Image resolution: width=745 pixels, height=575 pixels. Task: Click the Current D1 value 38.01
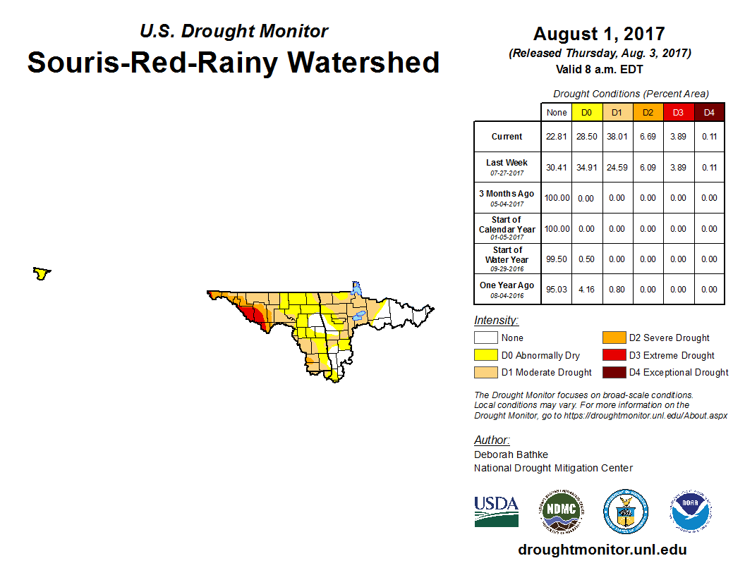pyautogui.click(x=617, y=137)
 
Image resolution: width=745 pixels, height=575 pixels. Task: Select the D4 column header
pyautogui.click(x=709, y=113)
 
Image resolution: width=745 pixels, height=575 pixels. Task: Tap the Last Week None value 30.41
pyautogui.click(x=557, y=168)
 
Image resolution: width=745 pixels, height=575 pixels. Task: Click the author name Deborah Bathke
pyautogui.click(x=511, y=455)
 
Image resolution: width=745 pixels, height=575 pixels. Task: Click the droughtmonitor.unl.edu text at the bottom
pyautogui.click(x=602, y=550)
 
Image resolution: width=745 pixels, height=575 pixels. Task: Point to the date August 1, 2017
pyautogui.click(x=599, y=34)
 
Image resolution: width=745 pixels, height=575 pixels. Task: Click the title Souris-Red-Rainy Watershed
pyautogui.click(x=234, y=62)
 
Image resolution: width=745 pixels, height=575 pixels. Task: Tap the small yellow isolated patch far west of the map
pyautogui.click(x=42, y=273)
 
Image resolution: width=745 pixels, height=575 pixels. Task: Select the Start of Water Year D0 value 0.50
pyautogui.click(x=586, y=259)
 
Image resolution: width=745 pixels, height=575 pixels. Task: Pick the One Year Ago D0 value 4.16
pyautogui.click(x=586, y=289)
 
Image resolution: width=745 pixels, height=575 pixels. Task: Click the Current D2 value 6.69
pyautogui.click(x=648, y=137)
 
